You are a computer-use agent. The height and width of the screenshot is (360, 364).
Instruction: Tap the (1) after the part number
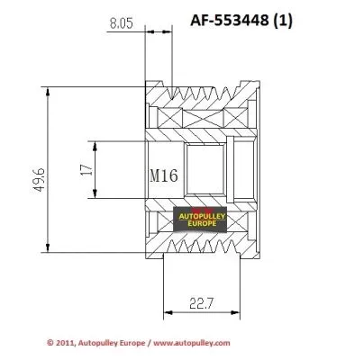[313, 19]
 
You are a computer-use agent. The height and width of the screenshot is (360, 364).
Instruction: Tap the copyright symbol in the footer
[50, 343]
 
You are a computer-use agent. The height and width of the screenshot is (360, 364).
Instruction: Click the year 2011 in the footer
[65, 343]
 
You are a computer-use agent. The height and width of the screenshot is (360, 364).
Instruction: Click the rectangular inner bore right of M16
[205, 170]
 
